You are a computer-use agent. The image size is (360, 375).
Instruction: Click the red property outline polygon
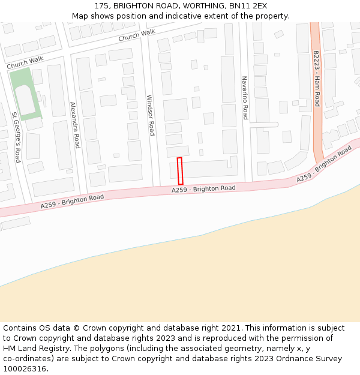pyautogui.click(x=180, y=171)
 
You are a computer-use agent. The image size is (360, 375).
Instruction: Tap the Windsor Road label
pyautogui.click(x=151, y=115)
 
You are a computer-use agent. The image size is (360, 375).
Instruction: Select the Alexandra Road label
pyautogui.click(x=74, y=125)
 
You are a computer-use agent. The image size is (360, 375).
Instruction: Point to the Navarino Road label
pyautogui.click(x=245, y=98)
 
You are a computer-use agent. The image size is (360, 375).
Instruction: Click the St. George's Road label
pyautogui.click(x=16, y=137)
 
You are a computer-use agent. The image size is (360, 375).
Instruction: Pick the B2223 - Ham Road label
pyautogui.click(x=316, y=79)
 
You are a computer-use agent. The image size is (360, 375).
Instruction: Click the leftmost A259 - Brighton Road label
pyautogui.click(x=72, y=201)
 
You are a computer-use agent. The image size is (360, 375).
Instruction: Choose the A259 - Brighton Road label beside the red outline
pyautogui.click(x=203, y=188)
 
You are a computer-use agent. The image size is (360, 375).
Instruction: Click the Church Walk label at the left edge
pyautogui.click(x=25, y=62)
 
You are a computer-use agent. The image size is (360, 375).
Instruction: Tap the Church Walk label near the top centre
pyautogui.click(x=136, y=36)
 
